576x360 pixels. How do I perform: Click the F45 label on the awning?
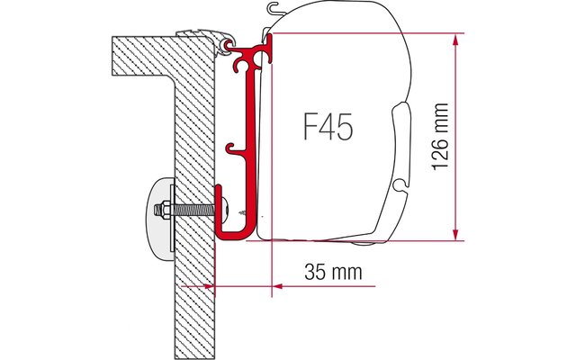[328, 127]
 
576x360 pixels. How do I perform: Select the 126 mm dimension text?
[440, 137]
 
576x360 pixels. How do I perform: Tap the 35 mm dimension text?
[333, 272]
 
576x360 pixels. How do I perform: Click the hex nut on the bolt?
[165, 210]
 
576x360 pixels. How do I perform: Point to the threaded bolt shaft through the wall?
[192, 210]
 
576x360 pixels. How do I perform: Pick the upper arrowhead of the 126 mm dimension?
[455, 40]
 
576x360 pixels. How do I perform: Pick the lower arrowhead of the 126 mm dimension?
[455, 234]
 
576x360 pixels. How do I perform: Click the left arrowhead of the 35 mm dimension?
[209, 286]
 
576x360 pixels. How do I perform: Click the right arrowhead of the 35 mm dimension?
[277, 286]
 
